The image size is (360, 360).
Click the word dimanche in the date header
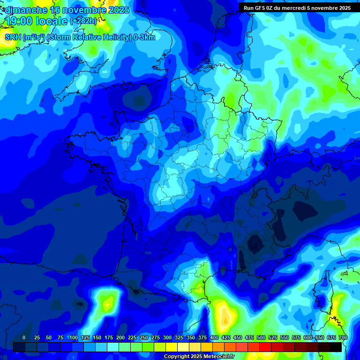(x=26, y=10)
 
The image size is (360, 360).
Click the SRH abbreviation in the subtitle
(x=13, y=37)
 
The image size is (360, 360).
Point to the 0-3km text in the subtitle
(x=144, y=37)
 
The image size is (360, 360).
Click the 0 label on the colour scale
(x=24, y=337)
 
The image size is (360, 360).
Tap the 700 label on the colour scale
(x=343, y=337)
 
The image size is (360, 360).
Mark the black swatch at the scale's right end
(x=336, y=347)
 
